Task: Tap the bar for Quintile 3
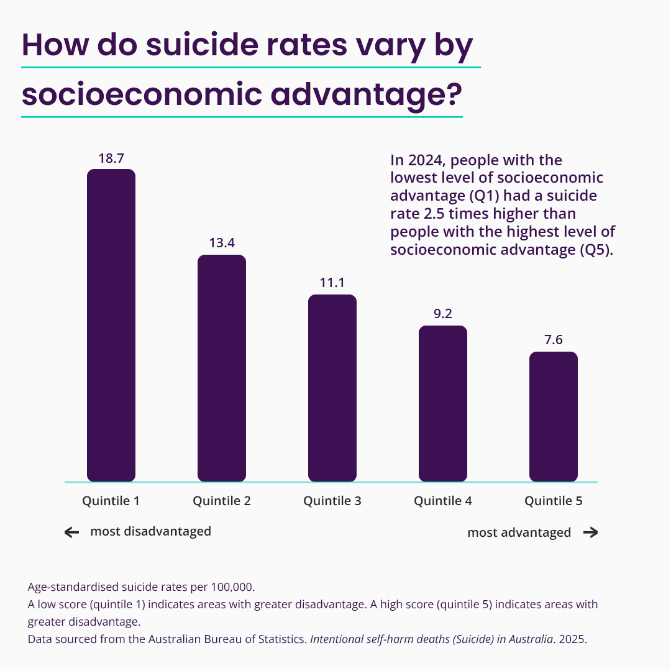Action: click(332, 388)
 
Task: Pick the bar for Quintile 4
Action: click(443, 403)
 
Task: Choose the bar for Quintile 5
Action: click(554, 416)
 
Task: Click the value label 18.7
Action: click(111, 158)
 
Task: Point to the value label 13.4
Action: click(222, 243)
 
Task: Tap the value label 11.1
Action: click(332, 283)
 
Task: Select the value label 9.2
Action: click(443, 314)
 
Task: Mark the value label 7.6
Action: click(554, 340)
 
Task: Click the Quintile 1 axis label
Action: click(111, 501)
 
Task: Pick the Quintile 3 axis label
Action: click(332, 501)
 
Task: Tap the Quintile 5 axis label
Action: click(554, 501)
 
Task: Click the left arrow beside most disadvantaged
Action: click(72, 532)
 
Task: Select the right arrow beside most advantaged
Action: click(590, 532)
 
